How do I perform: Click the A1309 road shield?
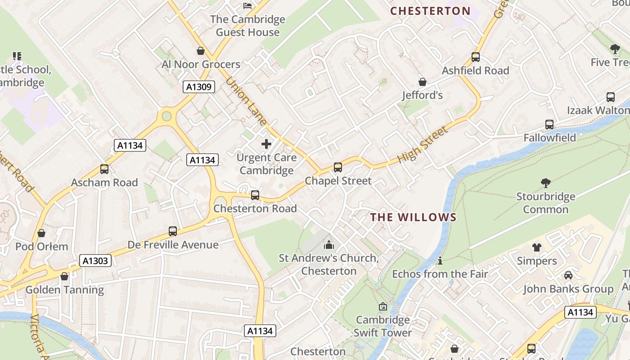click(x=198, y=87)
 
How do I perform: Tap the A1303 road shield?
click(x=95, y=261)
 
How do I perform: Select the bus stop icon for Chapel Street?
click(x=338, y=167)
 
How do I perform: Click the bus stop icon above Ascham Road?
click(x=104, y=169)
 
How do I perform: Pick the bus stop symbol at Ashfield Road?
click(x=476, y=57)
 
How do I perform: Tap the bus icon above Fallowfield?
click(x=549, y=125)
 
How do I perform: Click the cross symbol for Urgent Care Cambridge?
click(x=266, y=144)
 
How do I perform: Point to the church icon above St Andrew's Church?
click(x=329, y=245)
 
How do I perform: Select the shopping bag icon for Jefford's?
click(x=423, y=82)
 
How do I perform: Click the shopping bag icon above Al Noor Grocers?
click(x=201, y=51)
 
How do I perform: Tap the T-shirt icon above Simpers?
click(x=537, y=247)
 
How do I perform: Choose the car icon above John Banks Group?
click(x=568, y=275)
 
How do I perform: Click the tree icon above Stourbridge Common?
click(x=546, y=183)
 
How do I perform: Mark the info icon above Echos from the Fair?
click(x=440, y=261)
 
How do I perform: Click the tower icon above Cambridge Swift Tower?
click(x=383, y=306)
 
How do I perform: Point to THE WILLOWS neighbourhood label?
click(x=413, y=217)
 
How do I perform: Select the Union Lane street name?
click(x=246, y=101)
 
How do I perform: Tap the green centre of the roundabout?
click(x=166, y=116)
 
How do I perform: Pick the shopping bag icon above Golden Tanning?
click(x=64, y=276)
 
